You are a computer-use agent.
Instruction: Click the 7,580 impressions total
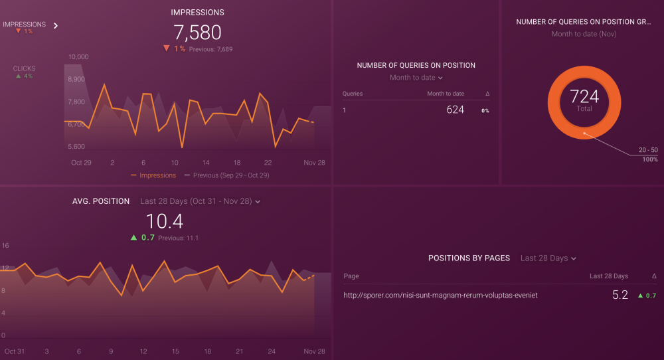point(197,33)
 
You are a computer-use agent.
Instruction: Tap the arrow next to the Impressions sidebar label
point(56,26)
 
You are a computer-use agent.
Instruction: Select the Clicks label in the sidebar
point(25,68)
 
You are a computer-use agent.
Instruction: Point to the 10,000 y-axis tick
point(78,57)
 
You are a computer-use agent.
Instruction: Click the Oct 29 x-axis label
point(81,163)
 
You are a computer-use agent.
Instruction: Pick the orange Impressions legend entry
point(154,175)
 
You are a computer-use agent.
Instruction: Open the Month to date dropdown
point(416,78)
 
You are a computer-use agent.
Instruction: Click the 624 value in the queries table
point(455,110)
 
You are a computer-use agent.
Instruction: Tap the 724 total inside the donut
point(584,97)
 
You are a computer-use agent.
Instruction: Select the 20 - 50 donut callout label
point(648,151)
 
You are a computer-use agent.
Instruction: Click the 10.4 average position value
point(164,221)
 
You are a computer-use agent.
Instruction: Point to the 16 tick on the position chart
point(5,246)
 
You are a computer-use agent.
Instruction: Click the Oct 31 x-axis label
point(14,351)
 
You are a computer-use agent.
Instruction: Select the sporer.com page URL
point(440,295)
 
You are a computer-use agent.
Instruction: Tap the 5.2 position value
point(620,295)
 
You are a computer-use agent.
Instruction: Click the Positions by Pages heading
point(469,258)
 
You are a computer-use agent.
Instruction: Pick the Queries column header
point(353,94)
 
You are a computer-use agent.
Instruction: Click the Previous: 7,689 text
point(211,49)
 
